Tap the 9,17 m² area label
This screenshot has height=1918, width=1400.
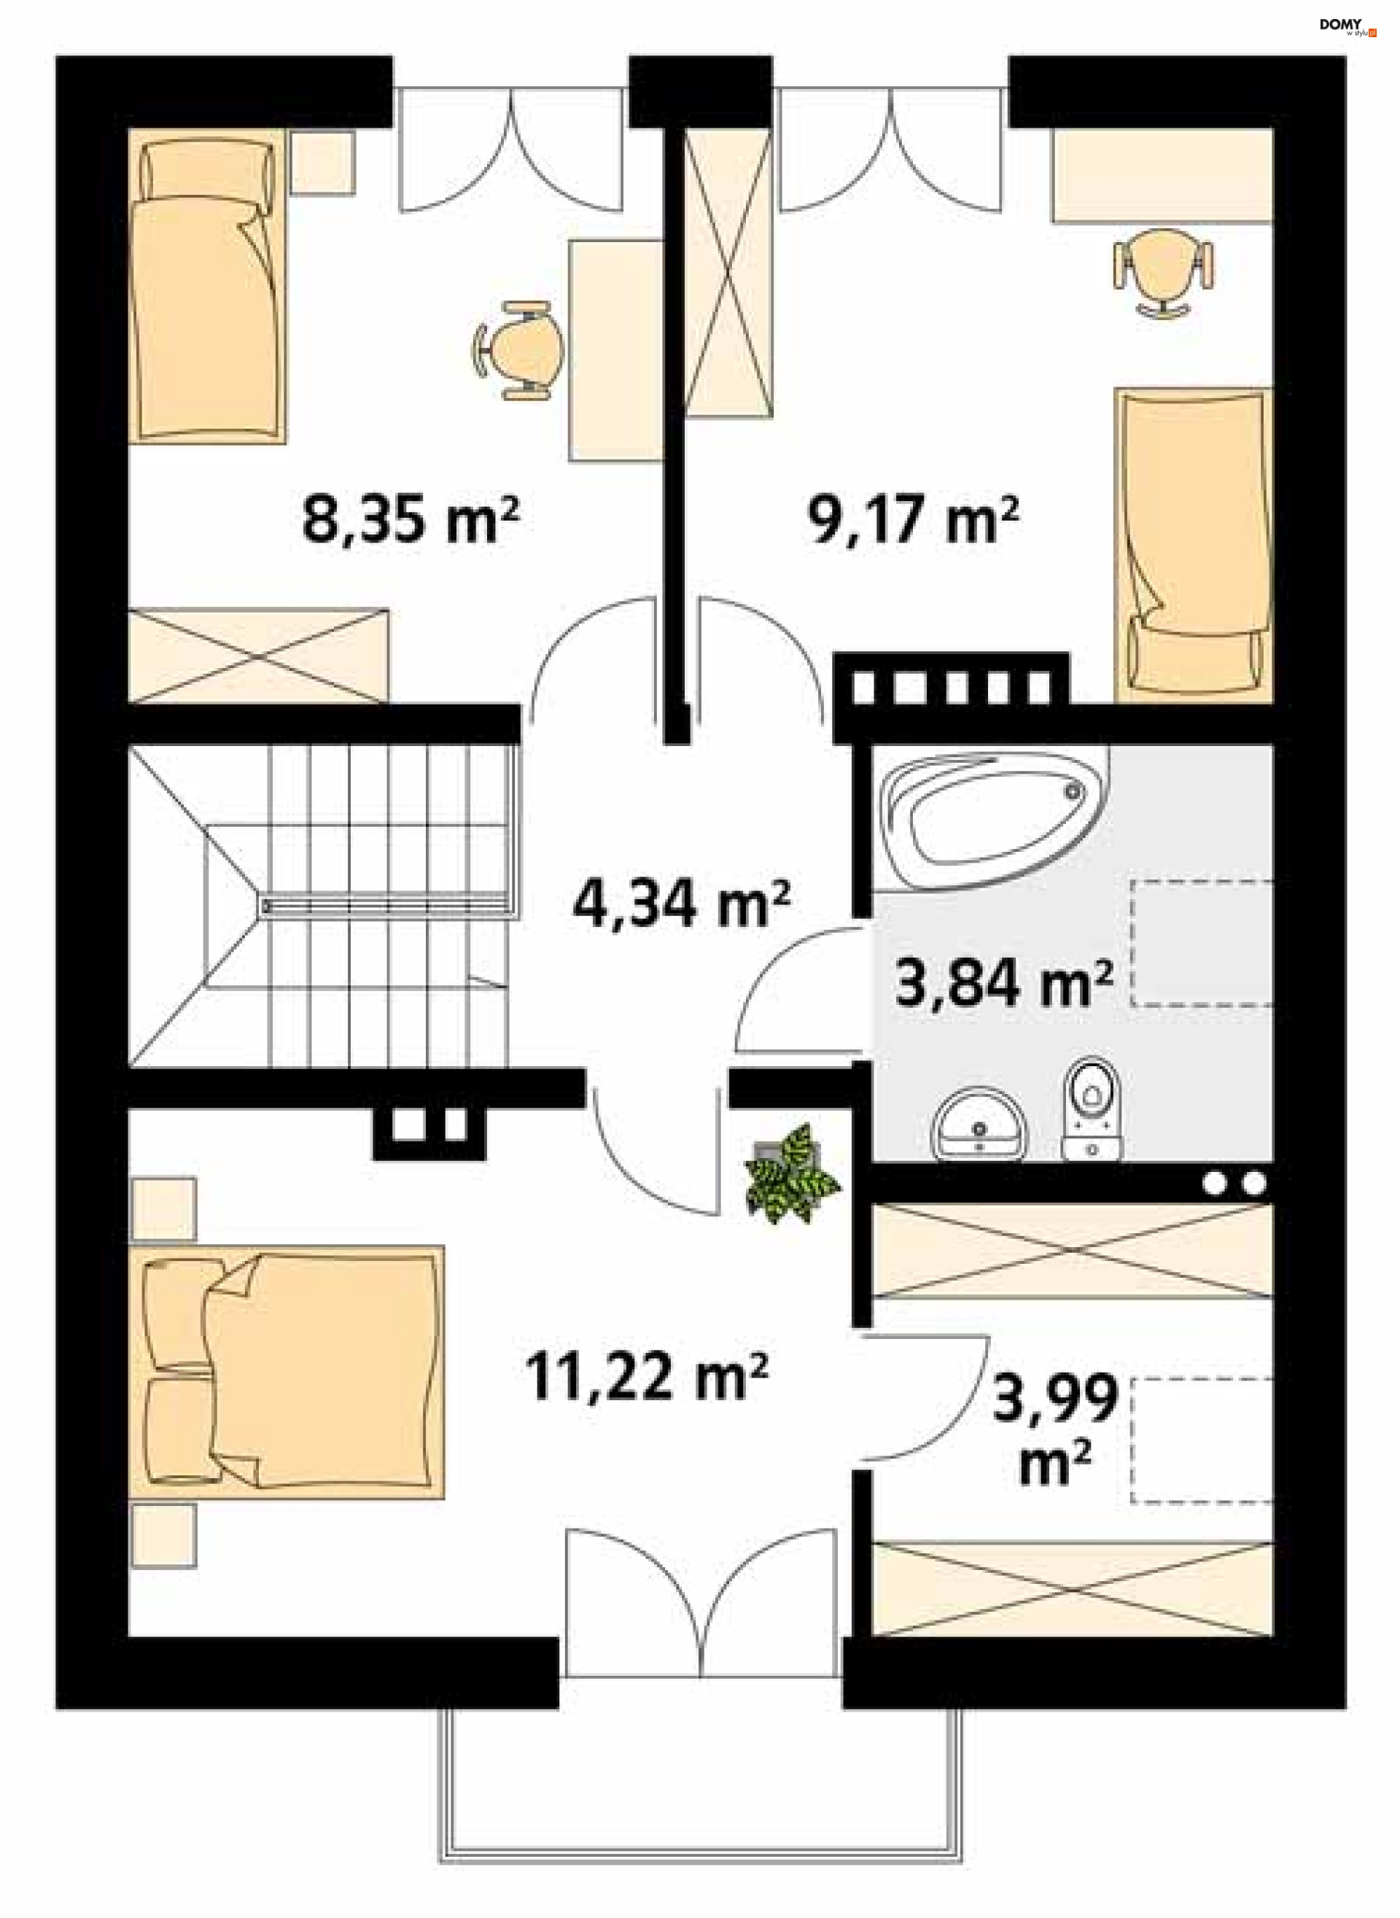point(913,519)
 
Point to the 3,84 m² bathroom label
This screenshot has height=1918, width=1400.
point(1003,983)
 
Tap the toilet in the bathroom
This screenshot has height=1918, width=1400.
point(1092,1109)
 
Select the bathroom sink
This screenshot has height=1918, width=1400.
point(980,1124)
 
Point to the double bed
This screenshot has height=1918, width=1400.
point(287,1371)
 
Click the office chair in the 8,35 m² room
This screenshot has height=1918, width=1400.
point(518,349)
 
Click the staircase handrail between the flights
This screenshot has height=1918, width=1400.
point(389,906)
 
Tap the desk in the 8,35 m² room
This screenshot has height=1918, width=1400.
point(616,350)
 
